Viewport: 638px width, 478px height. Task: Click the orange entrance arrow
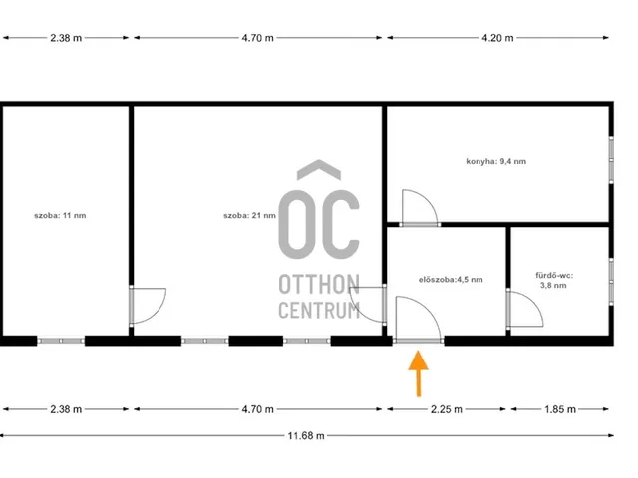point(419,373)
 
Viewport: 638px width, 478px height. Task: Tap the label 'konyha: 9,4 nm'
point(496,161)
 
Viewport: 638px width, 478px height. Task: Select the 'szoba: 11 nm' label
point(60,215)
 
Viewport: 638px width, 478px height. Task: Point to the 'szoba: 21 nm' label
point(249,215)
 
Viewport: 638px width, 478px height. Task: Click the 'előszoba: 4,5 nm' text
point(451,280)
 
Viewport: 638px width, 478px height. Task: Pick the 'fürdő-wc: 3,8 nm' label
point(554,280)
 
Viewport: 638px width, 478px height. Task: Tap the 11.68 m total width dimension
point(306,436)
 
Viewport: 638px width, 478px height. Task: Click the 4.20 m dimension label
point(497,38)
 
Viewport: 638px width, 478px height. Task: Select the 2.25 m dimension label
point(447,409)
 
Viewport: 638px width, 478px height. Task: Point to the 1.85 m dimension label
point(560,409)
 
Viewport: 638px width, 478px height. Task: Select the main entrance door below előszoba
point(419,341)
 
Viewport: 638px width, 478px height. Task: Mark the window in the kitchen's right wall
point(611,160)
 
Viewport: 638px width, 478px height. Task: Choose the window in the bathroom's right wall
point(611,281)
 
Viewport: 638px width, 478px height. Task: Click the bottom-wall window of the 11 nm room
point(61,341)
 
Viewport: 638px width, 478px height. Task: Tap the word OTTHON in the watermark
point(319,284)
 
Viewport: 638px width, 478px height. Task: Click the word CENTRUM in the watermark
point(319,310)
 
